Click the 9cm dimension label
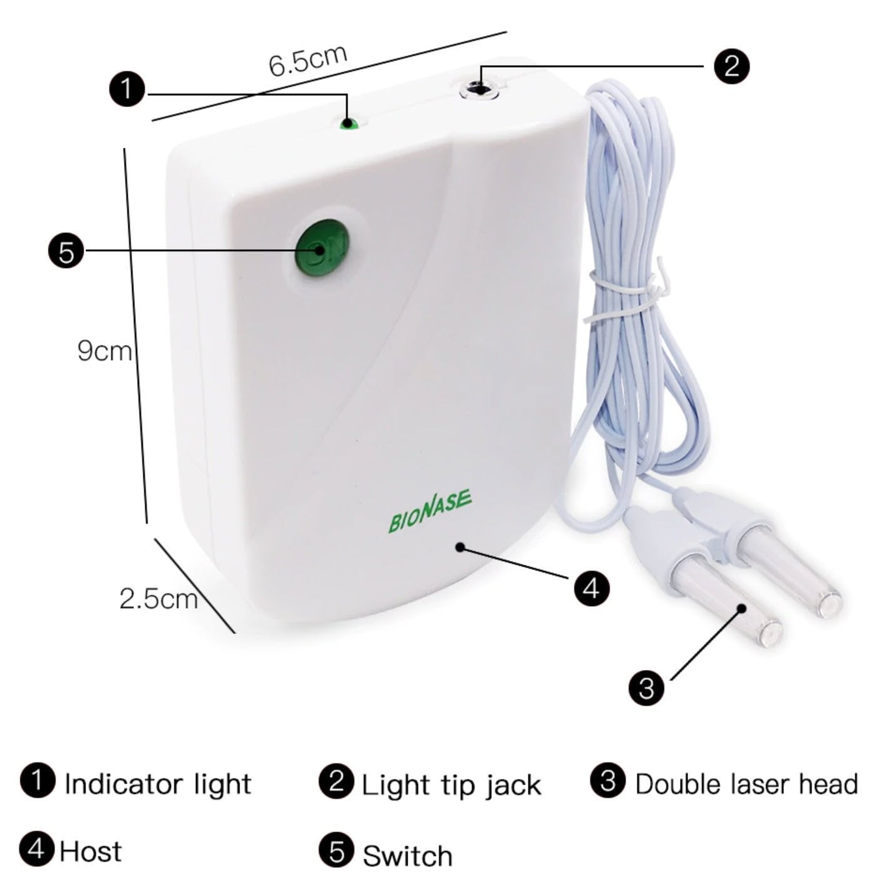coord(104,350)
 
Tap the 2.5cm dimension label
coord(158,599)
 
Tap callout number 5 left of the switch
coord(66,251)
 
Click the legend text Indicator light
coord(157,784)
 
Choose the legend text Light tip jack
coord(451,785)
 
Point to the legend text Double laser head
coord(746,784)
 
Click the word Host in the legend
coord(90,852)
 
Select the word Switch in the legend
coord(407,855)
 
